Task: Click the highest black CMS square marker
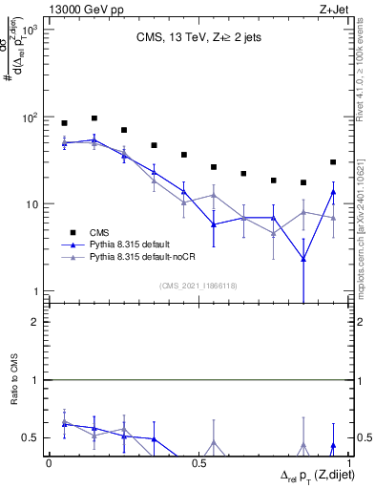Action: click(x=94, y=118)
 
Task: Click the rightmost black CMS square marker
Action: click(x=333, y=162)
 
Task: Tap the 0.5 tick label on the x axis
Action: click(x=198, y=462)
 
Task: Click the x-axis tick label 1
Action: click(x=348, y=462)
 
